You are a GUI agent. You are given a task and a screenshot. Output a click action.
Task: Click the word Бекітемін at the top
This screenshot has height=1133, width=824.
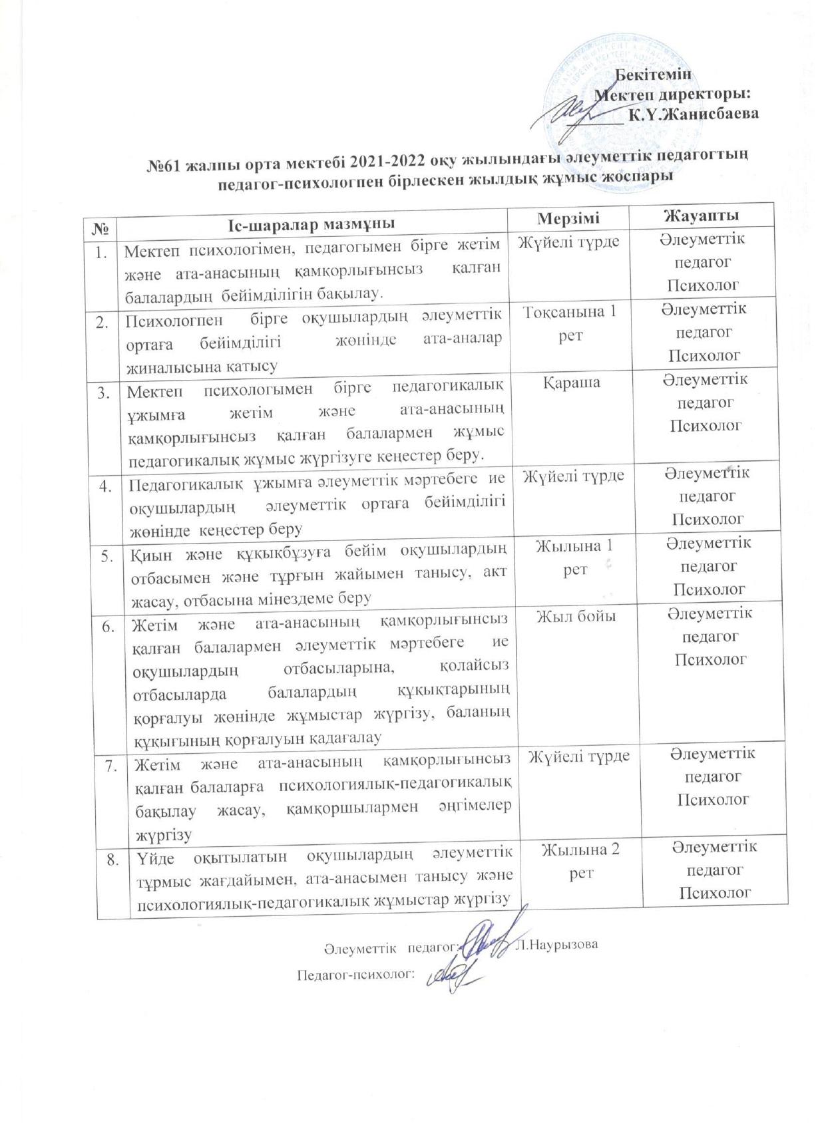coord(652,74)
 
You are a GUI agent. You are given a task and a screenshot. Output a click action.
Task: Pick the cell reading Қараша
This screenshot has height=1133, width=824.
coord(571,383)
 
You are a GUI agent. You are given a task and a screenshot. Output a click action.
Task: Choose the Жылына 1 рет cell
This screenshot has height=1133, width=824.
coord(574,558)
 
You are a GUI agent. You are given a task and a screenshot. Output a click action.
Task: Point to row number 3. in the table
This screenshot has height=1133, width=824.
coord(104,393)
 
